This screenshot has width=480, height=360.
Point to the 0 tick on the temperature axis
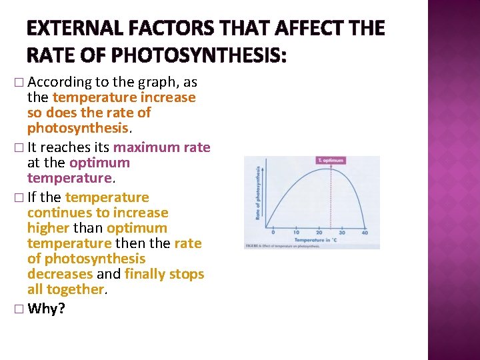273,232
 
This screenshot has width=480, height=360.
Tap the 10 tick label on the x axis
296,232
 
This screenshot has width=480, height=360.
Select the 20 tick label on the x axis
319,232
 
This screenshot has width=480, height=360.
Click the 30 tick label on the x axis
342,232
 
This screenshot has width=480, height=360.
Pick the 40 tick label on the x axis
365,232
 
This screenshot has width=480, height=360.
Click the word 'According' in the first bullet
61,83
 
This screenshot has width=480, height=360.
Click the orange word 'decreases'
60,274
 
